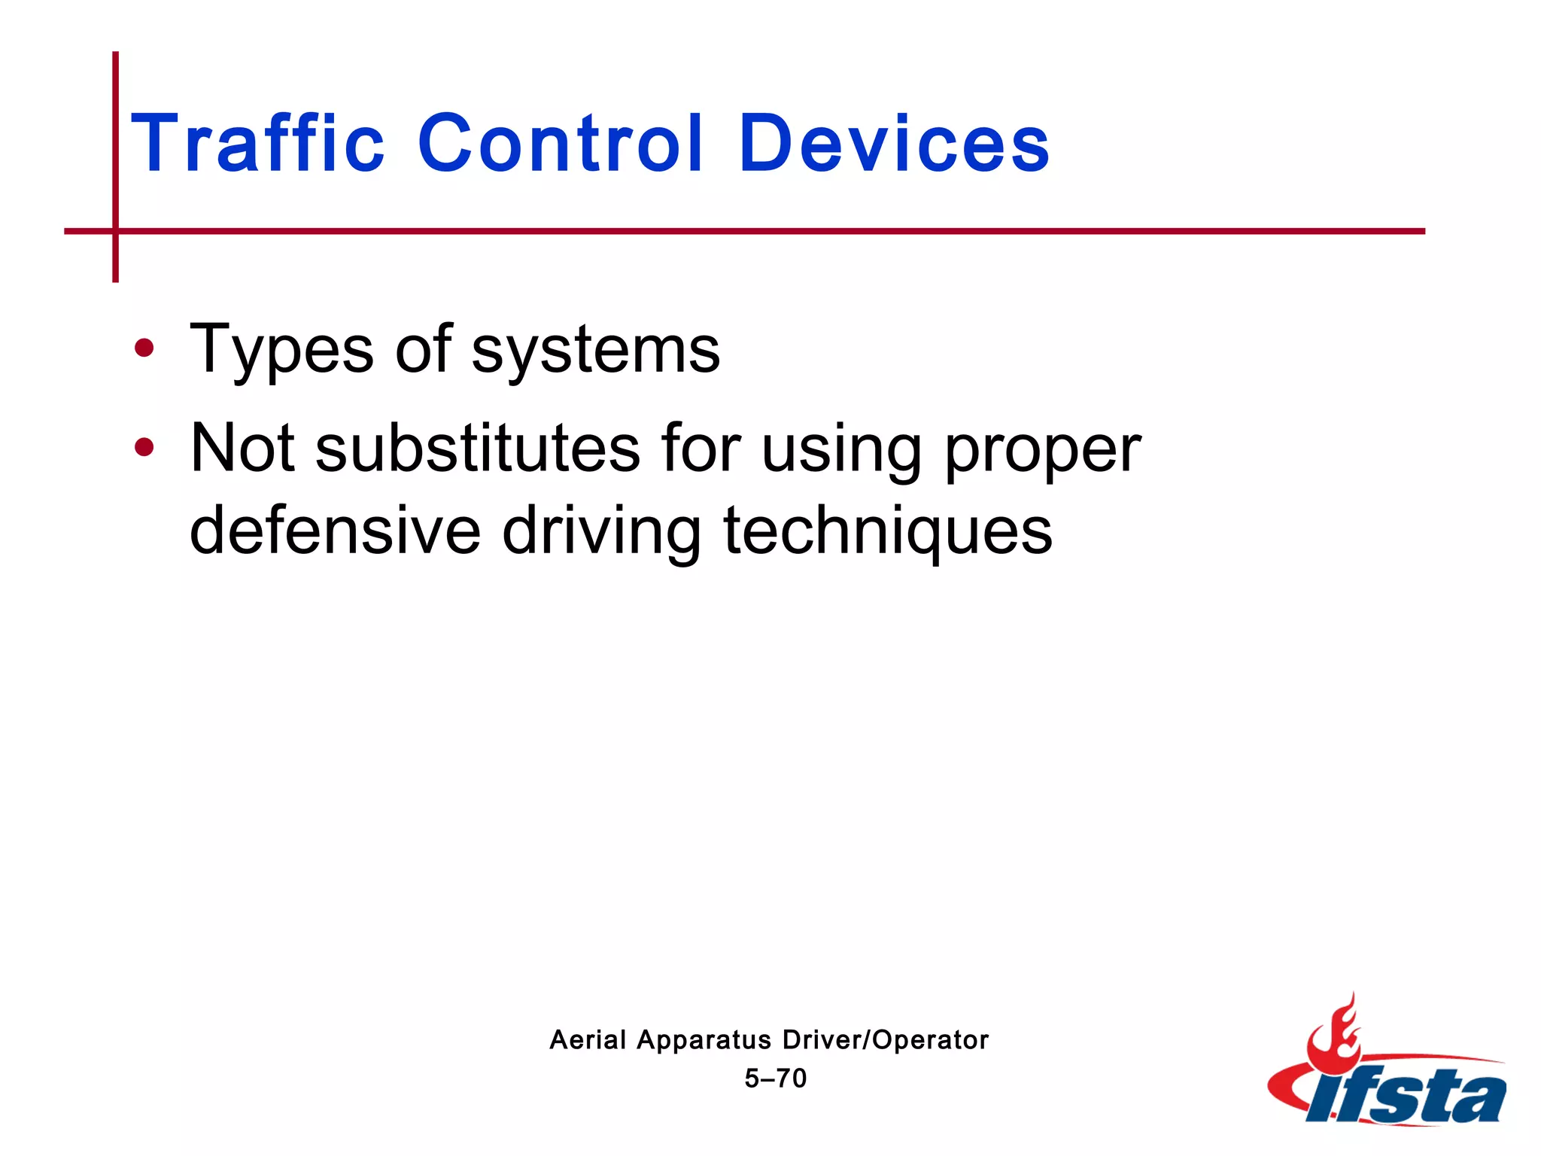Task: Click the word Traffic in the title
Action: tap(258, 143)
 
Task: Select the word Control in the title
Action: tap(561, 143)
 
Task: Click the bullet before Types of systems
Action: tap(144, 348)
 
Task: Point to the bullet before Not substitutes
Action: tap(144, 448)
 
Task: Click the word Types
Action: tap(281, 350)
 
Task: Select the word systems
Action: tap(595, 350)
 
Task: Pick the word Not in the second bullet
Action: tap(242, 449)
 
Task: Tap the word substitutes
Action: tap(478, 449)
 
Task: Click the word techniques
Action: tap(888, 533)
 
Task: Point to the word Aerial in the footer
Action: tap(588, 1039)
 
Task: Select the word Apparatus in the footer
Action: tap(704, 1041)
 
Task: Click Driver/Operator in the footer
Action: tap(886, 1039)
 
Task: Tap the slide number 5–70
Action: tap(775, 1078)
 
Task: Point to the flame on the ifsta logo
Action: tap(1333, 1035)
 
